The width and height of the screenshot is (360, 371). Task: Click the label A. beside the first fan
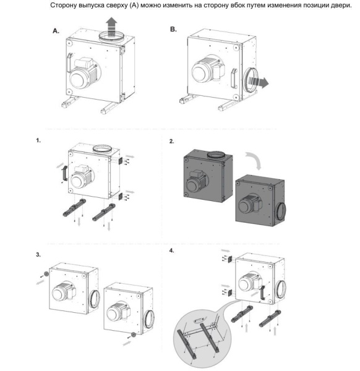tap(56, 31)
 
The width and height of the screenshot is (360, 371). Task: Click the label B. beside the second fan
tap(173, 29)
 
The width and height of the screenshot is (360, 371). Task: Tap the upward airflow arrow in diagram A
tap(111, 27)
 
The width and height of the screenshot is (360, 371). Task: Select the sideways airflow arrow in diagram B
tap(259, 82)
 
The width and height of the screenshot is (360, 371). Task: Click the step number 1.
tap(38, 140)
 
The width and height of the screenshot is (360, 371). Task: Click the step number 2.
tap(171, 141)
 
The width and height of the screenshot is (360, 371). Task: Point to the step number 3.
tap(38, 255)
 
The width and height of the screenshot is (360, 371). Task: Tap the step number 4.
tap(171, 250)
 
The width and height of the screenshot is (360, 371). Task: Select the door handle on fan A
tap(69, 62)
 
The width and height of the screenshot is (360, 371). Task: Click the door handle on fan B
tap(234, 79)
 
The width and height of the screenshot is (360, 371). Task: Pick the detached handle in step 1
tap(64, 173)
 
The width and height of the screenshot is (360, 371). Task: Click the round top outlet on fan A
tap(111, 37)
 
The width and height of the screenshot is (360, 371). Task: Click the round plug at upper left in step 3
tap(46, 274)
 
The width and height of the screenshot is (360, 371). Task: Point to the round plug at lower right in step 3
tap(134, 335)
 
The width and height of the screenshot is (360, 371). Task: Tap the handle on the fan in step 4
tap(262, 292)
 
